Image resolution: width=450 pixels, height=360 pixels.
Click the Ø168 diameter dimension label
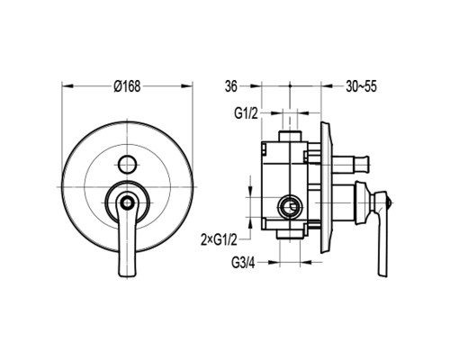click(x=127, y=86)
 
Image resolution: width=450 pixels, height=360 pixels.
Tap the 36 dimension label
click(x=231, y=86)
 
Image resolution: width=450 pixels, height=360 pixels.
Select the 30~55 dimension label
click(x=361, y=86)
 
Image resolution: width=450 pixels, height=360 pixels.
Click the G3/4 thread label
click(x=243, y=263)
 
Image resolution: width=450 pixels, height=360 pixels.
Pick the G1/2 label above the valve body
click(x=246, y=113)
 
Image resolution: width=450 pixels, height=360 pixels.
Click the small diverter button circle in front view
click(x=128, y=165)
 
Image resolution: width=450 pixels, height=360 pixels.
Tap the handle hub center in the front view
click(x=128, y=202)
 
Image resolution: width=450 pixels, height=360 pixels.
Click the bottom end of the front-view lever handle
click(x=127, y=275)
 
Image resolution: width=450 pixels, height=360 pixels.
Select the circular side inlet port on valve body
click(x=289, y=207)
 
